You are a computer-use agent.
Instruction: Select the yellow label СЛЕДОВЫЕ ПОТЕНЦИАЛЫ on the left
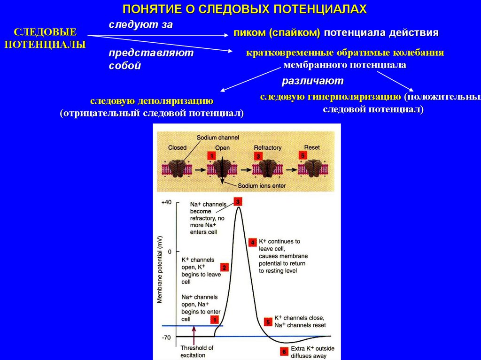(x=45, y=39)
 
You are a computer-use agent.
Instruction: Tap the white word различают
(x=312, y=81)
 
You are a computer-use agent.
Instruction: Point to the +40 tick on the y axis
(x=167, y=202)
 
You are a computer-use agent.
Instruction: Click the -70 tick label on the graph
(x=167, y=337)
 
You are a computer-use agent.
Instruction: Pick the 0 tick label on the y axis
(x=170, y=252)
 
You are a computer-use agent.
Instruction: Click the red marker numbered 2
(x=225, y=268)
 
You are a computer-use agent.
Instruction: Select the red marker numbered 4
(x=253, y=242)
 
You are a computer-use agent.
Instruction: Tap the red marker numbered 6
(x=284, y=351)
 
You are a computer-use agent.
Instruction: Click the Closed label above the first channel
(x=177, y=147)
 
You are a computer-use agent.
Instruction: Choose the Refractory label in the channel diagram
(x=267, y=147)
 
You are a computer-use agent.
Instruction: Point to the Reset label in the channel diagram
(x=311, y=147)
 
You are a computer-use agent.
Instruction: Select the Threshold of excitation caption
(x=196, y=352)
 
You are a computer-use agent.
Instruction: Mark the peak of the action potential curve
(x=239, y=208)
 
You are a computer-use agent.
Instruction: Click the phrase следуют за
(x=140, y=25)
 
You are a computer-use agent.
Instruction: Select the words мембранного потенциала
(x=345, y=65)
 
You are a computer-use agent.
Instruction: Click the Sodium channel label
(x=218, y=138)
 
